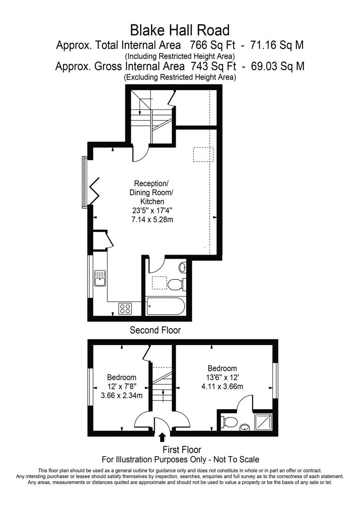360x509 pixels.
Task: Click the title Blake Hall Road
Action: click(x=180, y=31)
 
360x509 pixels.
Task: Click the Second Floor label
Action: click(x=155, y=330)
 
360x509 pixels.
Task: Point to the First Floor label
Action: click(x=182, y=450)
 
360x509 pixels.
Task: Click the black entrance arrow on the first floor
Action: click(x=163, y=437)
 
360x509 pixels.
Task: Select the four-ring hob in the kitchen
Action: click(x=125, y=308)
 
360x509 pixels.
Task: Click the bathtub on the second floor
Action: click(x=166, y=306)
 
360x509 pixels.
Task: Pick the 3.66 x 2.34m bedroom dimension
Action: click(x=122, y=395)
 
